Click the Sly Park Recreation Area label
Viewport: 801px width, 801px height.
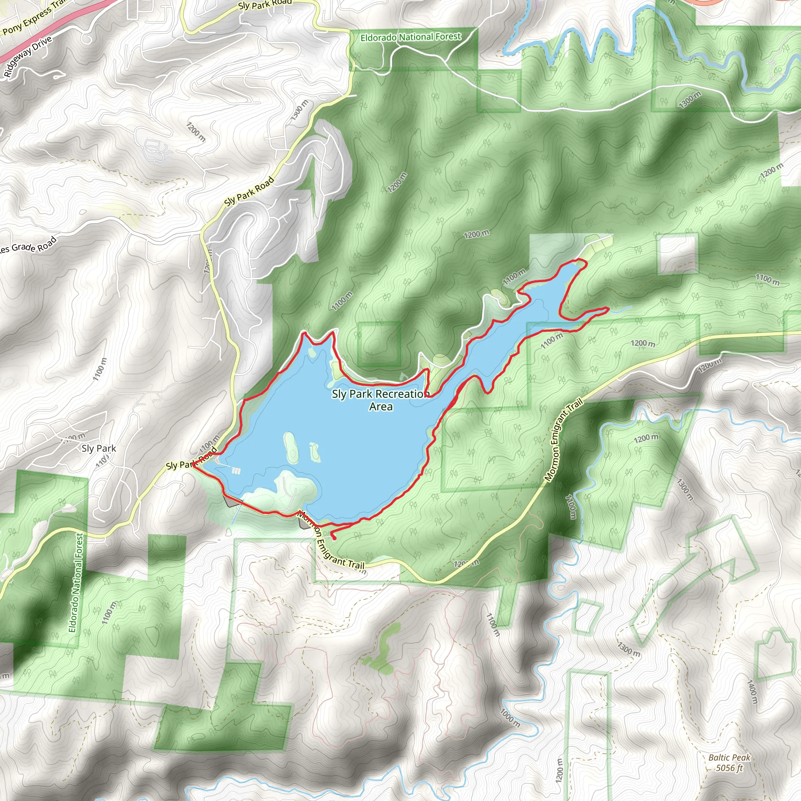tap(380, 400)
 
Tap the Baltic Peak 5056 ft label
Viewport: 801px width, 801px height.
tap(729, 763)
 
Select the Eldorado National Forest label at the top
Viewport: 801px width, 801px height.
tap(410, 37)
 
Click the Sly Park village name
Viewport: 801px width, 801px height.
tap(99, 449)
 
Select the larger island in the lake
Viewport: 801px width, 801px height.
tap(291, 448)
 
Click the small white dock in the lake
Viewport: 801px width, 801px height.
tap(236, 471)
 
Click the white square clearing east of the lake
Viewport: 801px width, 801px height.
tap(677, 254)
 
